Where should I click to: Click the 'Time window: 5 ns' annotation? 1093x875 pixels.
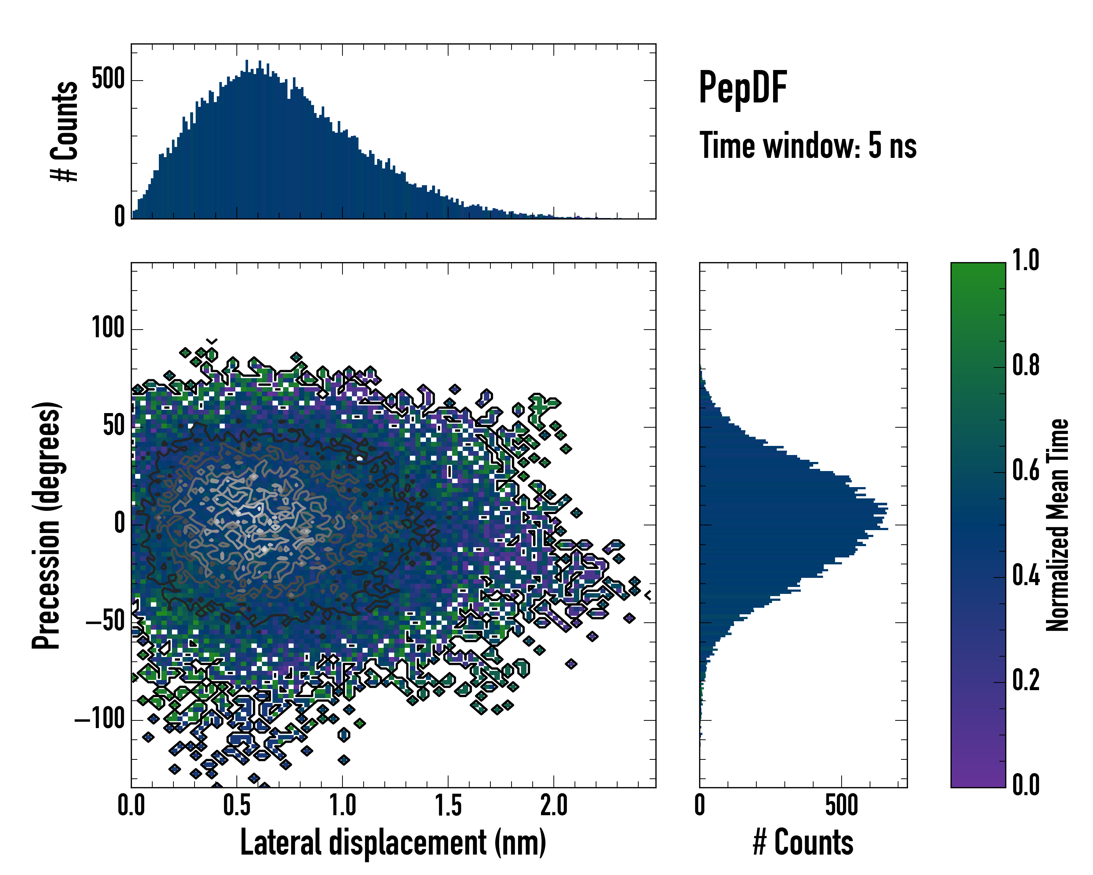pos(808,145)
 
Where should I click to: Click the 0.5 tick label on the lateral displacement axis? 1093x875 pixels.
pos(237,805)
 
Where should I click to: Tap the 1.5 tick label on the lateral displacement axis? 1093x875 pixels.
pos(448,805)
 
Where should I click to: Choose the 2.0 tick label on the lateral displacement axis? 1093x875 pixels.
pos(553,805)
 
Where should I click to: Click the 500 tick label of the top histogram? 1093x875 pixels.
pos(108,79)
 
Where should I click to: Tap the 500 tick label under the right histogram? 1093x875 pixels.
pos(842,805)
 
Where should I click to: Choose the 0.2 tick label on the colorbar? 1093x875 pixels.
pos(1026,680)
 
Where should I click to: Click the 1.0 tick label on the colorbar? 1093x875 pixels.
pos(1026,261)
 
